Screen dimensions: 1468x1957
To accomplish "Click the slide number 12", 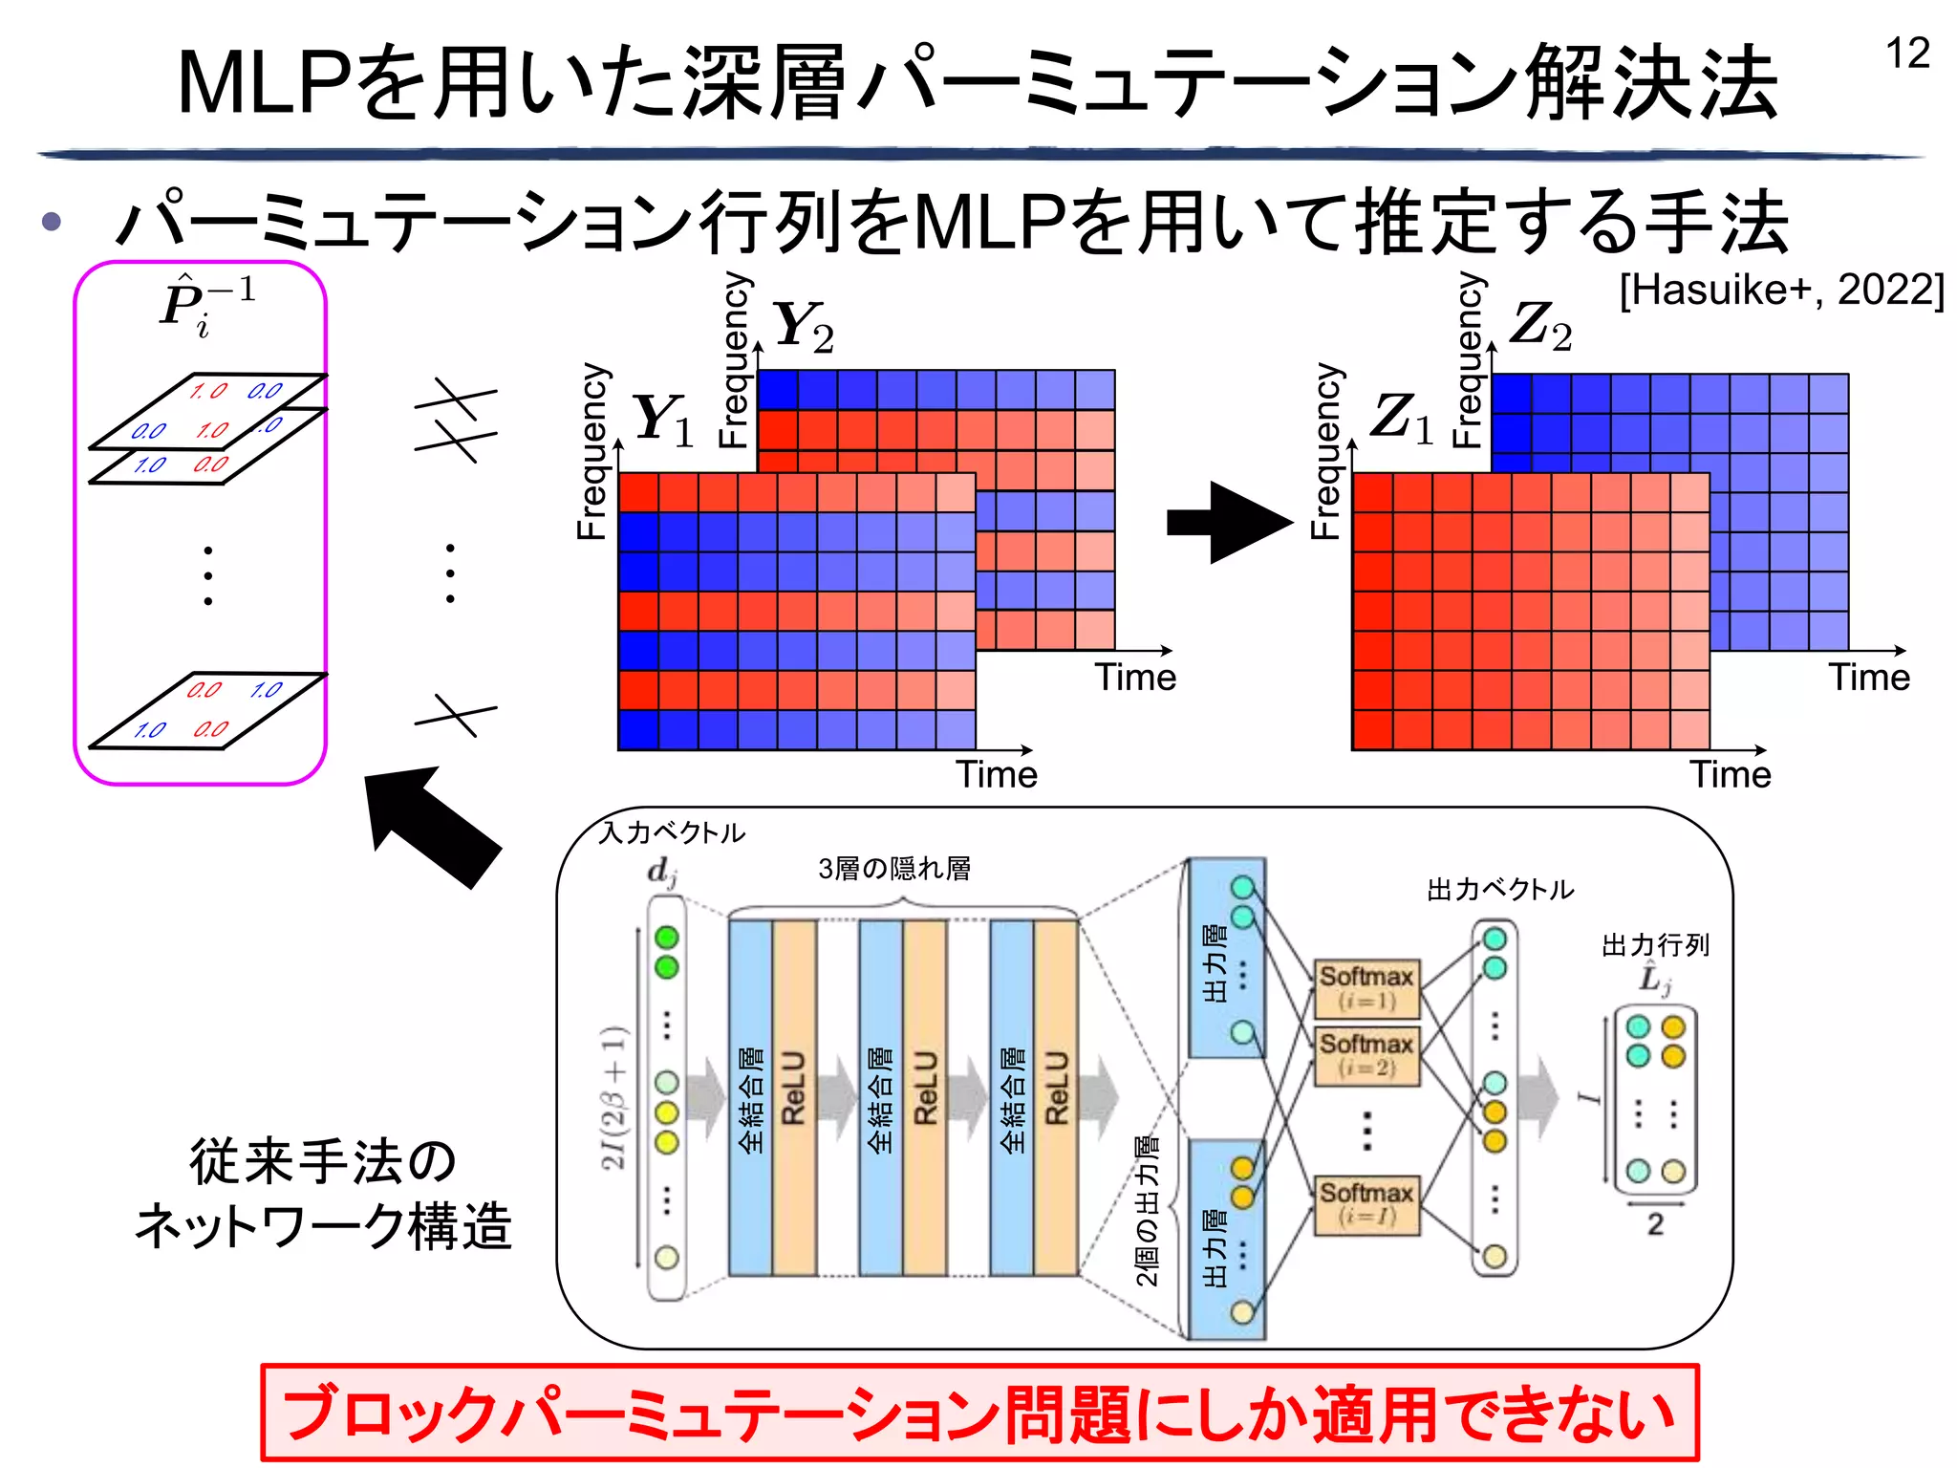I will point(1906,54).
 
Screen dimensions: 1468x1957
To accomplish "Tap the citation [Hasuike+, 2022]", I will point(1781,290).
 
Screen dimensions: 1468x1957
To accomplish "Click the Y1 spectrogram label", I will point(662,420).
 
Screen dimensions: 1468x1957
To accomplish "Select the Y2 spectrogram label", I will point(803,326).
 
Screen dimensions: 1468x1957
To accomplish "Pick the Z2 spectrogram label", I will point(1539,326).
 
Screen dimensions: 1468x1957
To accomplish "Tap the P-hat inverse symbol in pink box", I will point(205,304).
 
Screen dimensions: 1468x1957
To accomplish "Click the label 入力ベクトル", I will point(671,832).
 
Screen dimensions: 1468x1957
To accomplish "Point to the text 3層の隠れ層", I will point(894,869).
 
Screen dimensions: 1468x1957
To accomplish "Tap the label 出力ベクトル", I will point(1499,890).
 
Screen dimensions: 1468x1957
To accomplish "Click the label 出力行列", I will point(1654,945).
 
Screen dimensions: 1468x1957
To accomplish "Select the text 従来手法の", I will point(323,1161).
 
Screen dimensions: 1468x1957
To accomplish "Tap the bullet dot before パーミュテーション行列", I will point(52,223).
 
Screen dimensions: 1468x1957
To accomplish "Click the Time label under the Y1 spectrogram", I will point(996,774).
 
